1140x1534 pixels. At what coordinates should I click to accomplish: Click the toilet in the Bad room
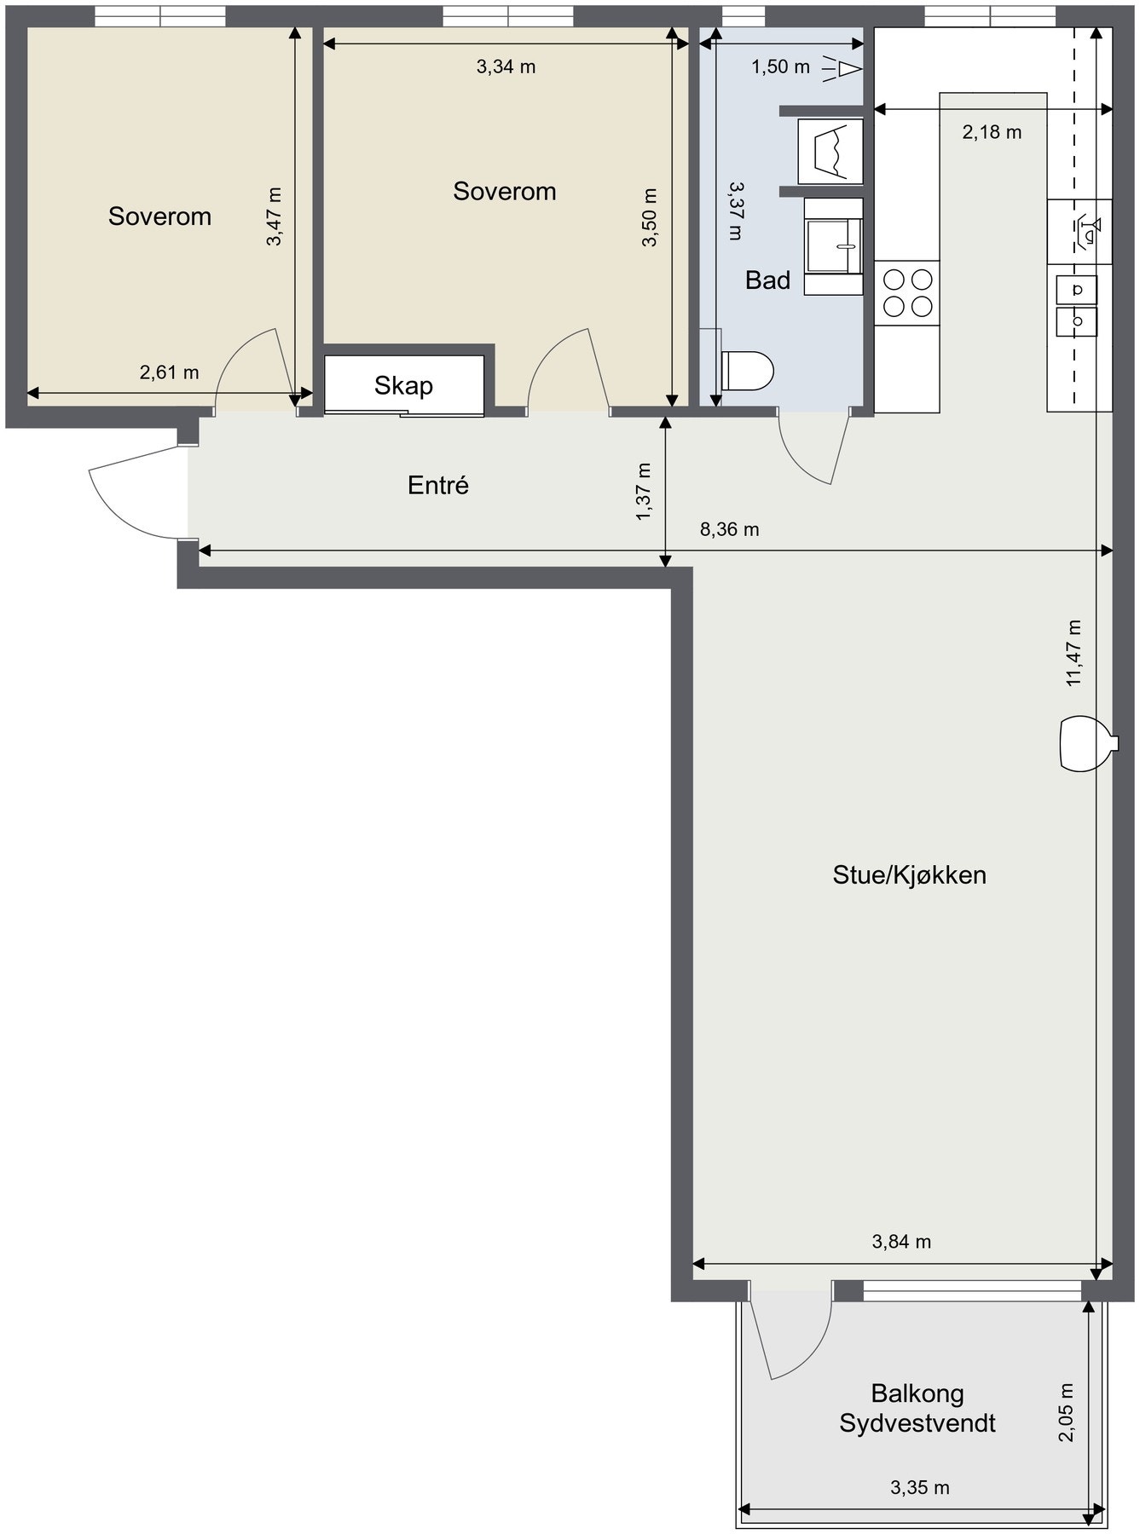(x=748, y=371)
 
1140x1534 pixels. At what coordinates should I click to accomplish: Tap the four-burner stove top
(x=907, y=292)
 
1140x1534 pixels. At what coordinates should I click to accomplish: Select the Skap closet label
(x=403, y=386)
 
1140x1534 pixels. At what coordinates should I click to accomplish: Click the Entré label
(x=438, y=486)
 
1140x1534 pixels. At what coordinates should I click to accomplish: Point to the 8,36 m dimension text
(x=729, y=530)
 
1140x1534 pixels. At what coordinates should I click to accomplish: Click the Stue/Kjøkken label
(x=909, y=875)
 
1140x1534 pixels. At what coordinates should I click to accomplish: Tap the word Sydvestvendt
(x=917, y=1423)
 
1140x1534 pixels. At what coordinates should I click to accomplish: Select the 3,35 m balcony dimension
(x=919, y=1488)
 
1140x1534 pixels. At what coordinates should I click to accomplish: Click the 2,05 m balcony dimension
(x=1066, y=1412)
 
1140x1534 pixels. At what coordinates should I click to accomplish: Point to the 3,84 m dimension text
(x=901, y=1242)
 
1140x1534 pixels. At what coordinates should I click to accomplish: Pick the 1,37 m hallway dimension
(x=644, y=490)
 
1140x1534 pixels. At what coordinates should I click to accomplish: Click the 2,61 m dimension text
(x=169, y=372)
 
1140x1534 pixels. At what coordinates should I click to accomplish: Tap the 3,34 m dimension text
(x=506, y=66)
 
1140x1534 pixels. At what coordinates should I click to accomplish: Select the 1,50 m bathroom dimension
(x=780, y=66)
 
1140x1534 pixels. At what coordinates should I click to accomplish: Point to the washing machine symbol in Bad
(x=830, y=150)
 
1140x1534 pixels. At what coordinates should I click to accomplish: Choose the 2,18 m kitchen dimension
(x=992, y=132)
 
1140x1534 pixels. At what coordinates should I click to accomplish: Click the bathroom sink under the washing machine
(x=834, y=245)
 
